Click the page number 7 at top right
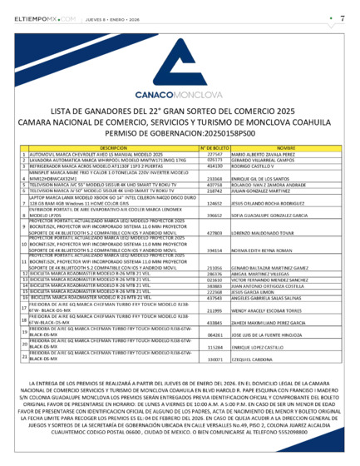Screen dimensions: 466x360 [x=343, y=17]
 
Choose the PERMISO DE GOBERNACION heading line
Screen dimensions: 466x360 [x=180, y=133]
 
